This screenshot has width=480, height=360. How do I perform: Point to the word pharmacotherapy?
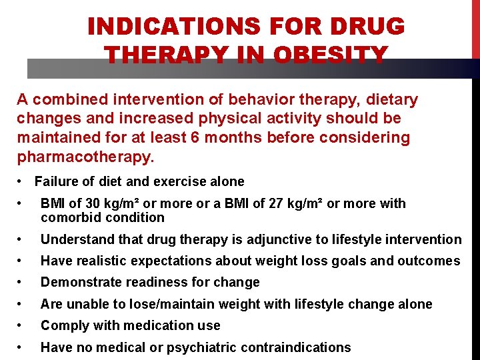coord(85,157)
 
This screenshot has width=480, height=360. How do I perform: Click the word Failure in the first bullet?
coord(55,181)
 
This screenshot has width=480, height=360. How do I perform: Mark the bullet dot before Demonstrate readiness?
coord(22,282)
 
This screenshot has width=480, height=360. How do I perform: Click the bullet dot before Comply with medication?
coord(22,325)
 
